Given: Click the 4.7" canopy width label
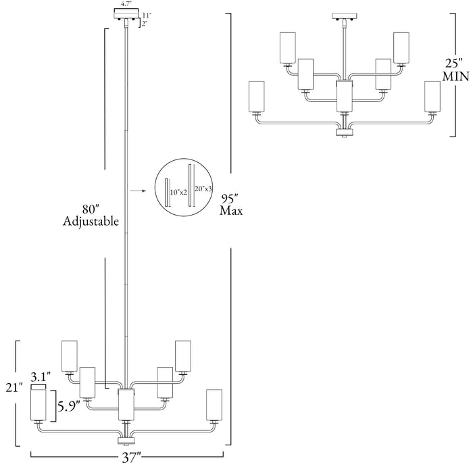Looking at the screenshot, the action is (x=126, y=5).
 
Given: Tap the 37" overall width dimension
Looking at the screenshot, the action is (x=132, y=458).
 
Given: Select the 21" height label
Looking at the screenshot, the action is (x=14, y=388).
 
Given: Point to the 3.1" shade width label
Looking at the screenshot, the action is (x=41, y=377).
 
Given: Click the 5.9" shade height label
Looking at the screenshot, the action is (x=69, y=407).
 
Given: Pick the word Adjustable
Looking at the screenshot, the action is (x=91, y=222).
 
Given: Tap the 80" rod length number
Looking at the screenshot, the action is (x=91, y=209).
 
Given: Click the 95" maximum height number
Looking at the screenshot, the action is (x=230, y=199).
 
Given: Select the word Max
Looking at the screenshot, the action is (x=231, y=211).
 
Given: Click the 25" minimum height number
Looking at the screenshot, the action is (x=454, y=64).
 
